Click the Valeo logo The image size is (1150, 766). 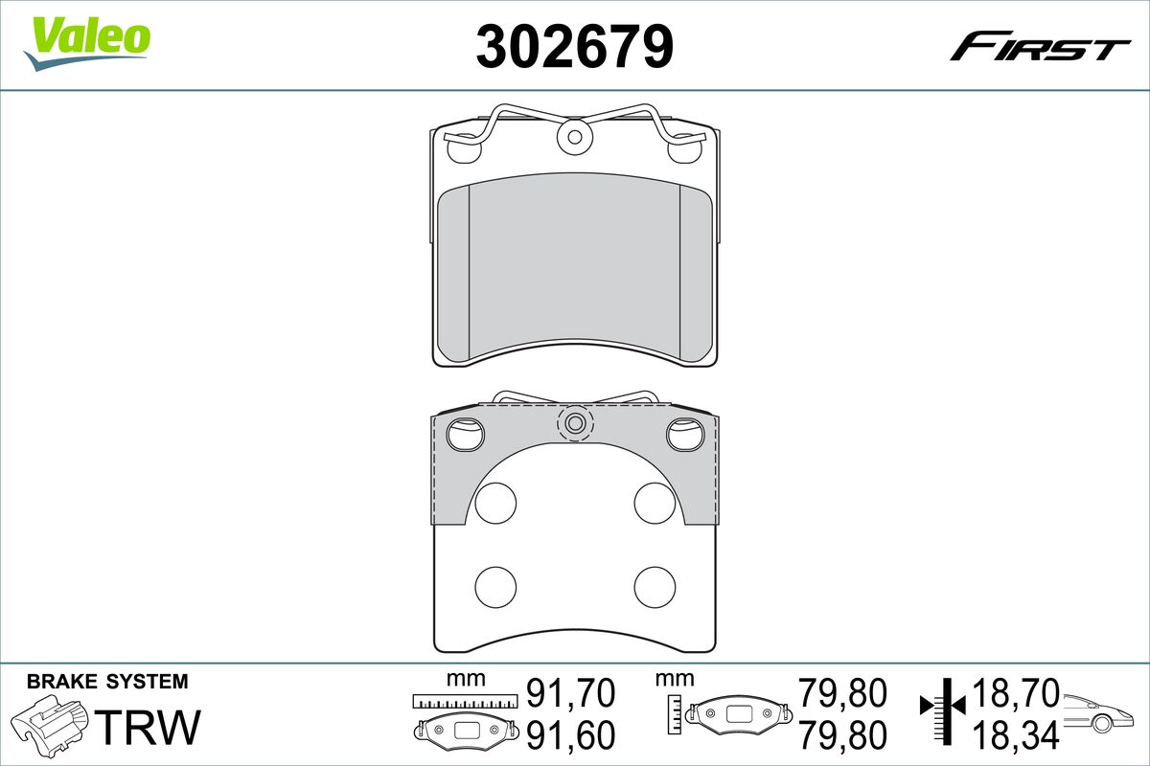click(87, 44)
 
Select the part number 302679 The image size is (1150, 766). click(574, 47)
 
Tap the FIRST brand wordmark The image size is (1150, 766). click(1040, 53)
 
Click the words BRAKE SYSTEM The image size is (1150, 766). click(107, 682)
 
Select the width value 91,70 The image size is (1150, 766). click(570, 694)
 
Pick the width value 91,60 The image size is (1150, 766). click(570, 735)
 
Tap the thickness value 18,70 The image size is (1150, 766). click(1016, 693)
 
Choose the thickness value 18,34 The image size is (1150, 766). click(1016, 735)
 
